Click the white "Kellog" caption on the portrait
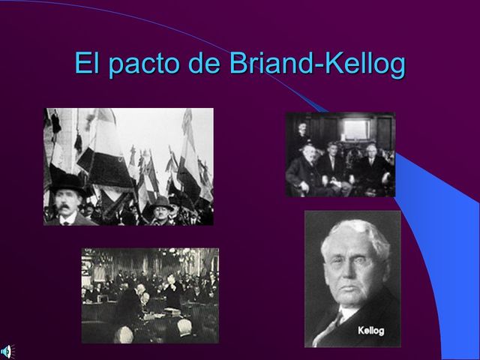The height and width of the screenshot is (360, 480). click(371, 330)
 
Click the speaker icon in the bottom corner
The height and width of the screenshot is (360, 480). click(6, 351)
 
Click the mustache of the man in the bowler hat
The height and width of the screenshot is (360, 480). click(66, 208)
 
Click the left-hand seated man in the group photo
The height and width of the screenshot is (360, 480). click(301, 171)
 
